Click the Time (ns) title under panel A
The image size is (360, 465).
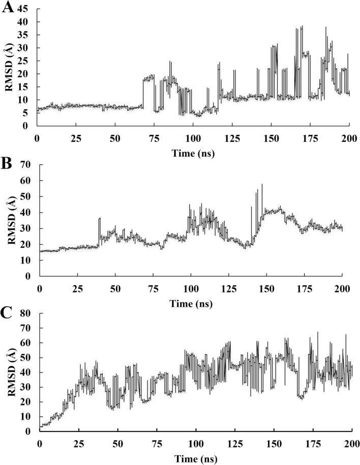click(193, 153)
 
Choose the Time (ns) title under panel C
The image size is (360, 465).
click(195, 458)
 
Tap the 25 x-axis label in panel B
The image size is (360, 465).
click(77, 289)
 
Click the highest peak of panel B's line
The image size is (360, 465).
click(262, 185)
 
